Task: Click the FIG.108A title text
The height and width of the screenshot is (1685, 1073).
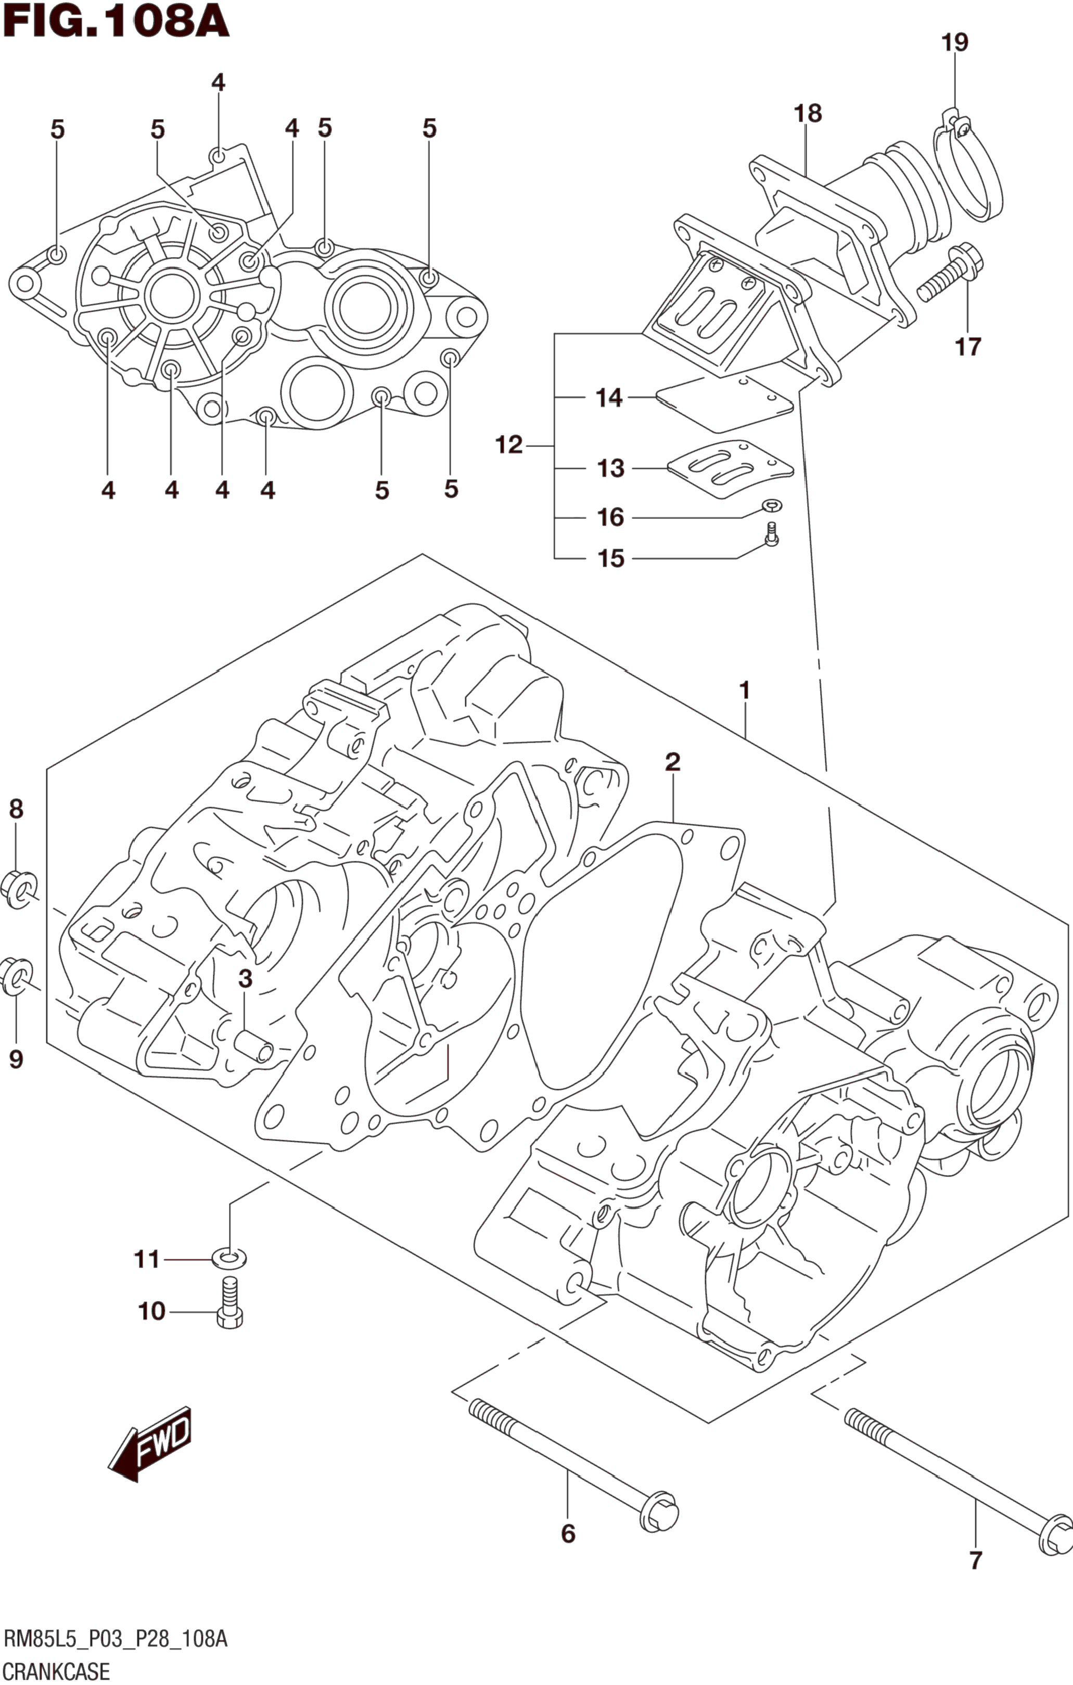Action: coord(116,22)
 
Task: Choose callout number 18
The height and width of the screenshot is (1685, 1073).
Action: coord(807,113)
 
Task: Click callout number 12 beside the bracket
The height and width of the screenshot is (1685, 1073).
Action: coord(509,445)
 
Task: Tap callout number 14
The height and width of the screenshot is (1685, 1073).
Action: coord(608,398)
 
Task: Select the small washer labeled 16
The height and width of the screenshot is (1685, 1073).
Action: coord(772,505)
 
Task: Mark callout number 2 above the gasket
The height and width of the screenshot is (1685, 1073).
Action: coord(672,762)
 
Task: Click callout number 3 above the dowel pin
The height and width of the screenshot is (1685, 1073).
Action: coord(244,979)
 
